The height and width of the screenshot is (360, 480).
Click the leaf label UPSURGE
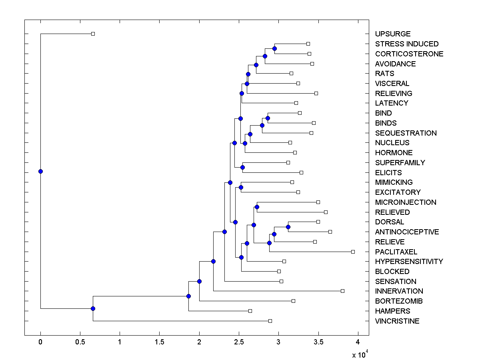click(393, 34)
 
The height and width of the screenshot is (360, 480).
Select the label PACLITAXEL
click(396, 252)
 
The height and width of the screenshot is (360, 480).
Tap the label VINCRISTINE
click(397, 321)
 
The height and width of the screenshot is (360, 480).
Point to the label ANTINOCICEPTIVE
click(407, 232)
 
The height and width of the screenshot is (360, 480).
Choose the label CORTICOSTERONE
click(409, 54)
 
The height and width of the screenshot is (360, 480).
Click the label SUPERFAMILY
click(400, 163)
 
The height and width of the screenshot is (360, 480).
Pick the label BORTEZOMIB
click(399, 301)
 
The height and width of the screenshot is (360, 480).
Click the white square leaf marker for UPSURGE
click(93, 34)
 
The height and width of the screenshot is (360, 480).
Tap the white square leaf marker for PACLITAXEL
click(353, 252)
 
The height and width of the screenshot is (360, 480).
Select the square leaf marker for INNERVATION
click(342, 291)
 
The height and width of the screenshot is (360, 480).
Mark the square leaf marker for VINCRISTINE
click(270, 321)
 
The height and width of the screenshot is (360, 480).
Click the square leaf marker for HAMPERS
click(250, 311)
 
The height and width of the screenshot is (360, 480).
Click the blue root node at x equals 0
click(40, 172)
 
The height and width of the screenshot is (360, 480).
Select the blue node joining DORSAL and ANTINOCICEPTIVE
click(288, 227)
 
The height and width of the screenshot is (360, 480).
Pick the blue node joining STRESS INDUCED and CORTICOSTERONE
click(274, 48)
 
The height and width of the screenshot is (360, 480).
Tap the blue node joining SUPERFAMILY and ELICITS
click(242, 167)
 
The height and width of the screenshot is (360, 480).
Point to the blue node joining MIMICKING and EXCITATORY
click(241, 187)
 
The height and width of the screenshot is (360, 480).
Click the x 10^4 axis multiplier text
click(359, 354)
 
